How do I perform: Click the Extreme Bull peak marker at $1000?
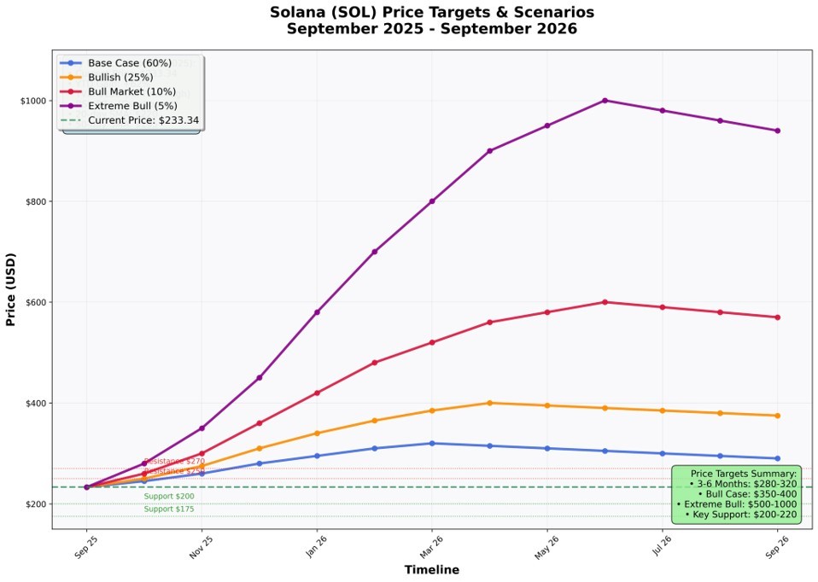[x=605, y=101]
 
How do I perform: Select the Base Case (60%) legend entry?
[x=129, y=63]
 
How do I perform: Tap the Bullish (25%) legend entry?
[x=120, y=78]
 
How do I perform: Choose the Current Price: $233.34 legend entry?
[x=143, y=120]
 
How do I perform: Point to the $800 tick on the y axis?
[x=34, y=201]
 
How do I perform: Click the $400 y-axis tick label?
[x=34, y=403]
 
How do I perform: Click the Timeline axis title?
[x=431, y=570]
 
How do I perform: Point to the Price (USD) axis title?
[x=11, y=289]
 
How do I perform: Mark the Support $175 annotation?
[x=169, y=509]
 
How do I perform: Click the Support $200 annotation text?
[x=169, y=497]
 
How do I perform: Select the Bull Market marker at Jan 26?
[x=317, y=393]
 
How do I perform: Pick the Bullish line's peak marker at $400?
[x=489, y=403]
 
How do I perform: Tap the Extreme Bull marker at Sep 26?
[x=777, y=131]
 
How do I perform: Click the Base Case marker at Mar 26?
[x=432, y=443]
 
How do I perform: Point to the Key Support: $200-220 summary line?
[x=740, y=515]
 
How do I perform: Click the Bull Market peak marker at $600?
[x=605, y=302]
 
